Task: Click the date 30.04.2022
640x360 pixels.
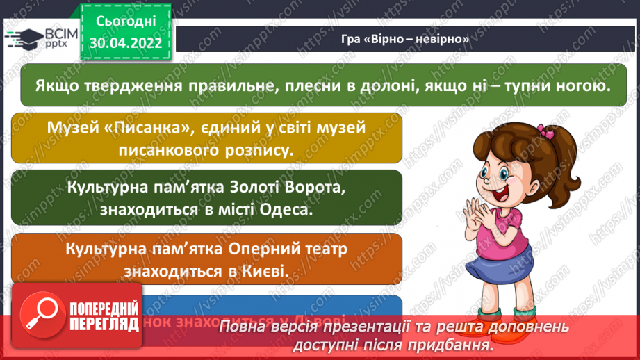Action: click(x=126, y=42)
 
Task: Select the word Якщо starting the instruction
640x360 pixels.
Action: click(x=56, y=86)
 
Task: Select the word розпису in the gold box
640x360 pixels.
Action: click(x=256, y=149)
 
